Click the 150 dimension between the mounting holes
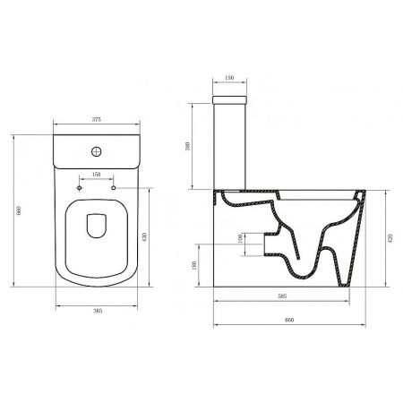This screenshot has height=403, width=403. [x=96, y=176]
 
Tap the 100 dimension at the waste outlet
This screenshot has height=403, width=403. [x=239, y=239]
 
